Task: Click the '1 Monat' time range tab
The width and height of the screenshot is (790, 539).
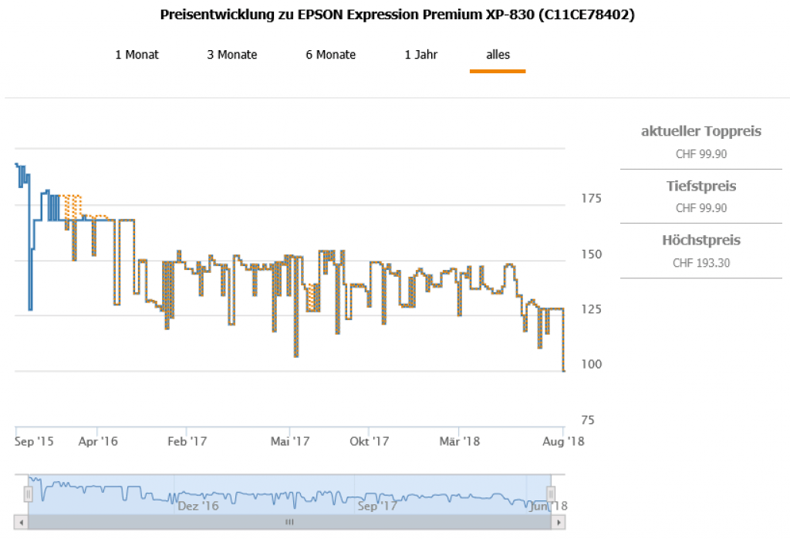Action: tap(137, 55)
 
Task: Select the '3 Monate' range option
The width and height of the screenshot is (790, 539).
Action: tap(232, 55)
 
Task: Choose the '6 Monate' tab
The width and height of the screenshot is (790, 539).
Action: tap(330, 55)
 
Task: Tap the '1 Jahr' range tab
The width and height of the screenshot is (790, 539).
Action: tap(421, 55)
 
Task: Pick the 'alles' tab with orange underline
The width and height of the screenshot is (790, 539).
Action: tap(498, 55)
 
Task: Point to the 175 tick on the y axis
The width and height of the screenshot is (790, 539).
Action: tap(590, 199)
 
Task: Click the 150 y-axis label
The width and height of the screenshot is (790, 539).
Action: tap(590, 254)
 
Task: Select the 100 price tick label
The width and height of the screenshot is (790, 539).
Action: tap(590, 365)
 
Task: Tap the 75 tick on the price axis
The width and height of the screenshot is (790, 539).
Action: tap(587, 420)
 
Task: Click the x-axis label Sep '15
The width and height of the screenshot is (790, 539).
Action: tap(35, 441)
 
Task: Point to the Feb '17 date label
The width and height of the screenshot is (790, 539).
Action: tap(187, 441)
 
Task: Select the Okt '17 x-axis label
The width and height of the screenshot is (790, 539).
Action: tap(370, 441)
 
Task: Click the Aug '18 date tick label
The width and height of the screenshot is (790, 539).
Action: tap(564, 441)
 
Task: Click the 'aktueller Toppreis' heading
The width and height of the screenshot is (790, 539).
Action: tap(701, 131)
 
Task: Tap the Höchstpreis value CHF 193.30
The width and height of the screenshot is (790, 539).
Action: tap(701, 263)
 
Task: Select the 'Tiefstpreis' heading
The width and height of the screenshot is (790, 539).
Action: tap(701, 186)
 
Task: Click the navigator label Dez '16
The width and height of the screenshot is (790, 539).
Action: tap(198, 507)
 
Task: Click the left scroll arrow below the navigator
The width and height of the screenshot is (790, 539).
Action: tap(22, 522)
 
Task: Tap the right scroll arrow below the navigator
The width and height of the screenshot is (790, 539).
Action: tap(558, 522)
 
